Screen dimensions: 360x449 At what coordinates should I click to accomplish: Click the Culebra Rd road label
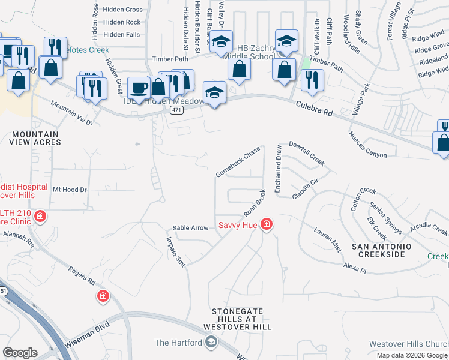pos(314,109)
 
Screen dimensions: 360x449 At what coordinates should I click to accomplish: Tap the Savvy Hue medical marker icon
pos(266,226)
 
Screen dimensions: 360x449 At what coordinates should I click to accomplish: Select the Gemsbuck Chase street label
pos(238,162)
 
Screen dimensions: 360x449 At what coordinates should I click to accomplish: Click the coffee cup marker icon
pos(139,88)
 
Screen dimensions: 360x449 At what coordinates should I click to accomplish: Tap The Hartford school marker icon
pos(211,343)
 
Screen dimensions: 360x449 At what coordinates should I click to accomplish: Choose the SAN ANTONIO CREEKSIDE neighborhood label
pos(381,250)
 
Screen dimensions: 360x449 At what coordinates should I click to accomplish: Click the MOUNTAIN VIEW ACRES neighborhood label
pos(35,138)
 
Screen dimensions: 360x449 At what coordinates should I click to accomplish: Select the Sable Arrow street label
pos(191,228)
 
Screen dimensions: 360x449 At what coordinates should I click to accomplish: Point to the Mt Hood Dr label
pos(70,189)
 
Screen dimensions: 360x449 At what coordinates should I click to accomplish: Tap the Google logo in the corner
pos(20,353)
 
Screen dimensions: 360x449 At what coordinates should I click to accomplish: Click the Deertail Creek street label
pos(306,154)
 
